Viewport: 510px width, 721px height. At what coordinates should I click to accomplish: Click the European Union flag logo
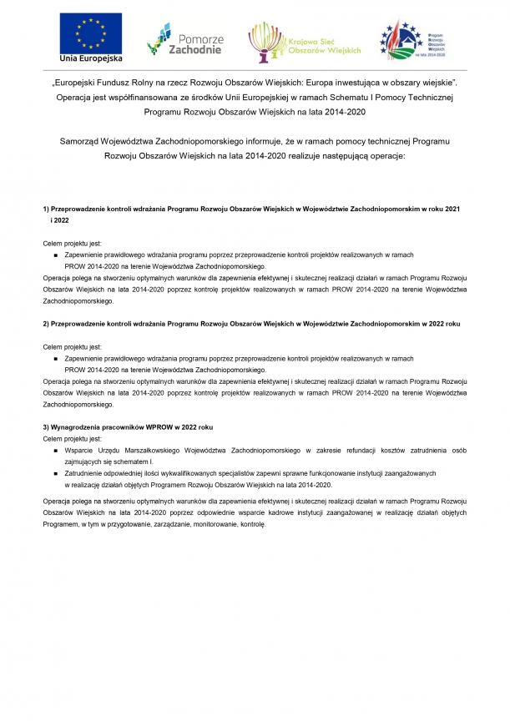pos(90,33)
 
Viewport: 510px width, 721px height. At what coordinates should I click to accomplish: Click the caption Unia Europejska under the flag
pos(90,58)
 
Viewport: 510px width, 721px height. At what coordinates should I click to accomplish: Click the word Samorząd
pos(88,141)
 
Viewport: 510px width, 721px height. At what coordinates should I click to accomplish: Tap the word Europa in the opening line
pos(326,83)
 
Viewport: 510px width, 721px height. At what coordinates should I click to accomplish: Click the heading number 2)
pos(46,322)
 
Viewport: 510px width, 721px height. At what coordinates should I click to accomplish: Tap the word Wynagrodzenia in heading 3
pos(78,426)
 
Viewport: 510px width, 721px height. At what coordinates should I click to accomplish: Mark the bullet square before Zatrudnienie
pos(54,473)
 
